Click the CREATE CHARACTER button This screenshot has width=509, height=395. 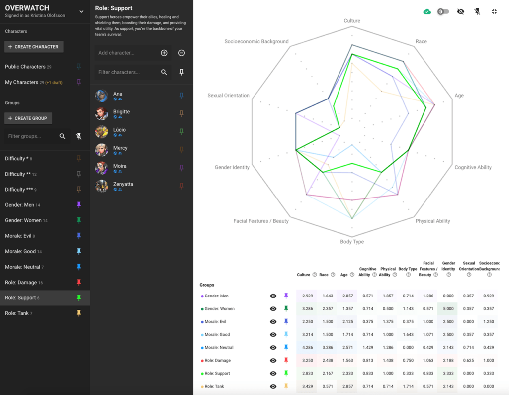[34, 47]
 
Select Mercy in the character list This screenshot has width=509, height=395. [120, 148]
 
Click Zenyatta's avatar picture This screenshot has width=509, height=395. [102, 186]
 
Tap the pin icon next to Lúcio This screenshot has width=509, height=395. [181, 132]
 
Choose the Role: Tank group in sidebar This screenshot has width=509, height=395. [16, 313]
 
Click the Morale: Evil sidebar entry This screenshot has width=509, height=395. [18, 236]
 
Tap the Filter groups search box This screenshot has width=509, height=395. [31, 136]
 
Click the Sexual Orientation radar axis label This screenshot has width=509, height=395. [228, 96]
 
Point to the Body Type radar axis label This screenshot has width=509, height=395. [352, 242]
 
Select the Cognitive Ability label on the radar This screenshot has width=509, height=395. [473, 168]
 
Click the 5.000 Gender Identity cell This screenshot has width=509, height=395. [448, 309]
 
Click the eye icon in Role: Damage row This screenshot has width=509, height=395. [273, 361]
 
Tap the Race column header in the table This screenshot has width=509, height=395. [324, 275]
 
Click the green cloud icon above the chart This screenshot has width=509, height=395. [427, 11]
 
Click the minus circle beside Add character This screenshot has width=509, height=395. [182, 53]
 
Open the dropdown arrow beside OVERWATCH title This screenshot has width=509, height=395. [82, 12]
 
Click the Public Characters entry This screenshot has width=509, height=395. [25, 67]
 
